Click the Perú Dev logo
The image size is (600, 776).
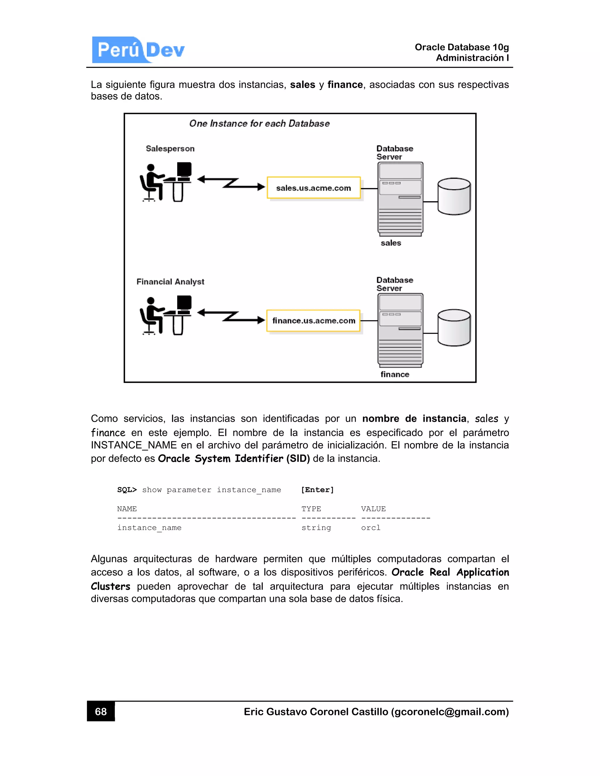point(139,50)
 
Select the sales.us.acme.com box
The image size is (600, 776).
point(313,188)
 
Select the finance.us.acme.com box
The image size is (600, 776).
point(313,320)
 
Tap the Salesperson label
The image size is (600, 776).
point(170,148)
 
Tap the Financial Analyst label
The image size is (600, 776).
point(170,282)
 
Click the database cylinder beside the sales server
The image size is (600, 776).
point(454,196)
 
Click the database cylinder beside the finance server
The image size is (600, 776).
point(454,328)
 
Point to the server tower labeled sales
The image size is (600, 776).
point(400,199)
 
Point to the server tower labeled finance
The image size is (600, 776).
point(400,330)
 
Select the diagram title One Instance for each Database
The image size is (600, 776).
point(260,124)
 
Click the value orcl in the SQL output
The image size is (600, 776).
point(371,528)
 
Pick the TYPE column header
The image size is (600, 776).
point(311,509)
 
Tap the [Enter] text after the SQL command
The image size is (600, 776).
point(317,490)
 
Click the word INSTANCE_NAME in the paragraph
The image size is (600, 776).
point(134,445)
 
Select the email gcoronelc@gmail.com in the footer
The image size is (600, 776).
point(450,712)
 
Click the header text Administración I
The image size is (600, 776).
point(472,58)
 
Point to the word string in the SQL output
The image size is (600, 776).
point(316,528)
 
